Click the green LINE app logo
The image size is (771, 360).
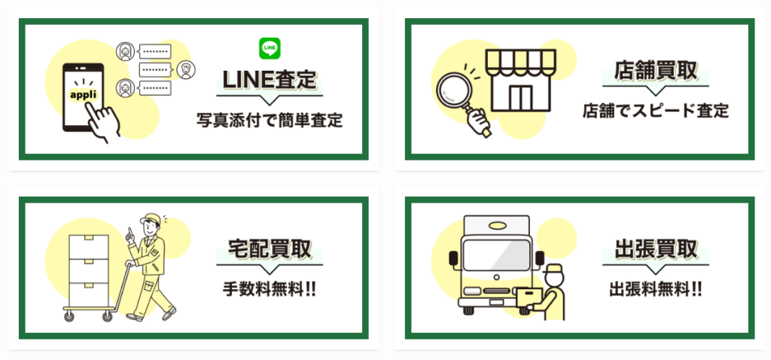(269, 48)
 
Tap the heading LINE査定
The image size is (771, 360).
(269, 79)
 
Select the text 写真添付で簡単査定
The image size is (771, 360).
(269, 120)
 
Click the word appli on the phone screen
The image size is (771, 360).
(83, 96)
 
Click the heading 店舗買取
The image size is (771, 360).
(655, 71)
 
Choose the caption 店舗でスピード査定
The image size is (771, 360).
(655, 111)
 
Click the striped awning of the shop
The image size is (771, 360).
(520, 62)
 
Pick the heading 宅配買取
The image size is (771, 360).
(269, 249)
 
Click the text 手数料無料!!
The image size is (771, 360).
(269, 289)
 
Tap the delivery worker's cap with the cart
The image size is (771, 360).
(150, 219)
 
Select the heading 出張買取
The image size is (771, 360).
(655, 249)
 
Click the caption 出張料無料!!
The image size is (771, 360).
(655, 289)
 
